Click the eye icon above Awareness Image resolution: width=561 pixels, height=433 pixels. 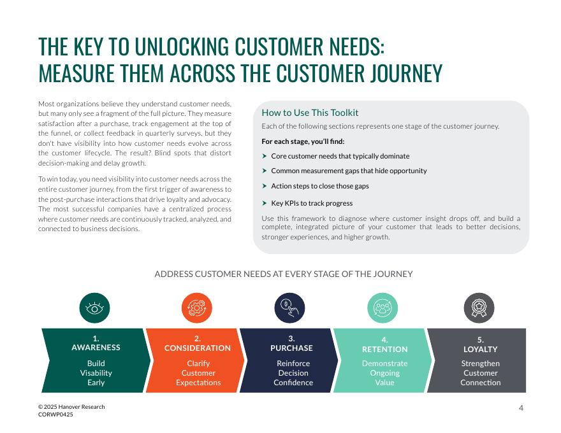pos(95,309)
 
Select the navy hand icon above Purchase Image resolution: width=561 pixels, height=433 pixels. pos(289,309)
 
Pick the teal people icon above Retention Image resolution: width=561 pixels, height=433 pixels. pos(382,309)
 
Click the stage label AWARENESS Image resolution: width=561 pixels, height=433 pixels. pos(96,348)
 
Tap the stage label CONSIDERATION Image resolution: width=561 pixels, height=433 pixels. pos(198,348)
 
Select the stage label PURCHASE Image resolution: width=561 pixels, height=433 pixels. pos(291,348)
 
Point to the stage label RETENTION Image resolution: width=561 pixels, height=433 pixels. pos(384,350)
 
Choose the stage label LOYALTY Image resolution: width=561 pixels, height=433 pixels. pos(480,350)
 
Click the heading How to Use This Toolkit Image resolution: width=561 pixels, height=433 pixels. pos(310,113)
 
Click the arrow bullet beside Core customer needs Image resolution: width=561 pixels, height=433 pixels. pos(265,156)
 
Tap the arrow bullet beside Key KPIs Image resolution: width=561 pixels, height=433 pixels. pos(265,203)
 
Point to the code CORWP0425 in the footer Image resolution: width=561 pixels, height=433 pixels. pos(55,415)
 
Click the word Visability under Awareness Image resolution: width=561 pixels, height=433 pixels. pos(96,373)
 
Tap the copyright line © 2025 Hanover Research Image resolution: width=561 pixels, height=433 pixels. pos(71,407)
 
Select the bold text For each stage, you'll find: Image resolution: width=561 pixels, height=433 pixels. pos(303,141)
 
